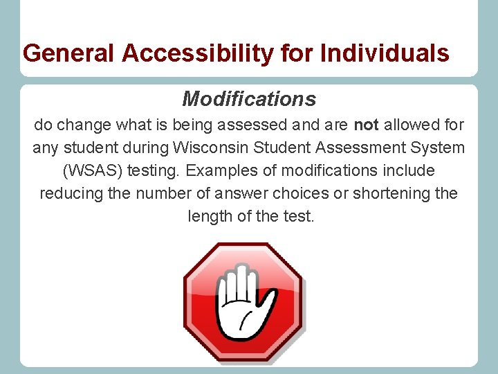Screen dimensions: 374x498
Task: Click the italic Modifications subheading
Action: [249, 99]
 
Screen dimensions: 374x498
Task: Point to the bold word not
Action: [365, 125]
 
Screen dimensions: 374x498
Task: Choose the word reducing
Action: [71, 193]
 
